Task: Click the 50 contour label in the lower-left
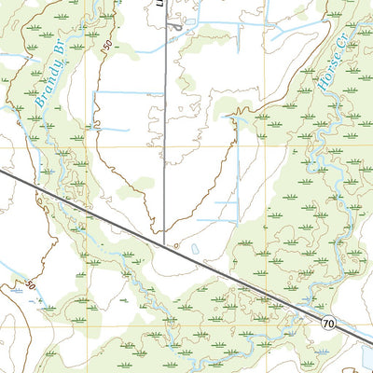pyautogui.click(x=32, y=283)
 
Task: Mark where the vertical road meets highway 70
pyautogui.click(x=165, y=244)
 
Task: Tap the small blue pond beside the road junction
pyautogui.click(x=195, y=249)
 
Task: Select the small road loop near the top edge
pyautogui.click(x=176, y=25)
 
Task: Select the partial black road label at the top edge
pyautogui.click(x=159, y=4)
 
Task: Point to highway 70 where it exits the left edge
pyautogui.click(x=2, y=169)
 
